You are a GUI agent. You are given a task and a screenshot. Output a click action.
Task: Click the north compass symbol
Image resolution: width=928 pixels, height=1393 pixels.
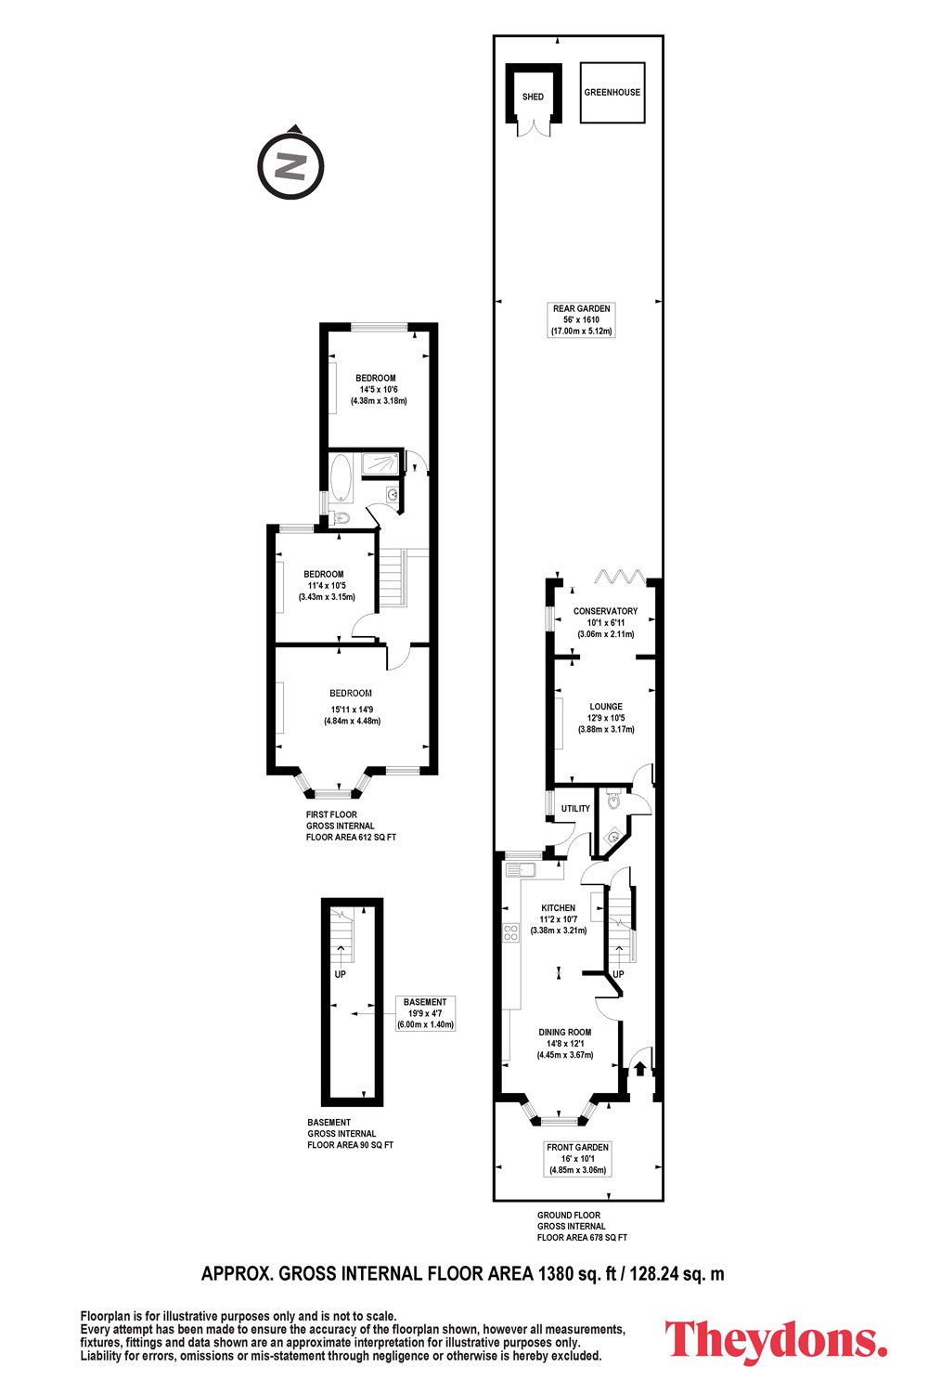(x=290, y=164)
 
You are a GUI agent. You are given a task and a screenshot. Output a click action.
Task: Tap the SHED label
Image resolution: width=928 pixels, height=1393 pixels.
(x=533, y=97)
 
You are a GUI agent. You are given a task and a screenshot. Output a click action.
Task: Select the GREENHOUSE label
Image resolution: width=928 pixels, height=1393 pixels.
(x=612, y=92)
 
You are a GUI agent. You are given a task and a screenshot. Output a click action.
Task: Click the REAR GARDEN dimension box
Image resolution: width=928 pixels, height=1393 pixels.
(x=581, y=319)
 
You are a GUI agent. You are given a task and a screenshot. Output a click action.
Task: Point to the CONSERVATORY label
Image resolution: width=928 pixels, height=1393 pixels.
(x=605, y=611)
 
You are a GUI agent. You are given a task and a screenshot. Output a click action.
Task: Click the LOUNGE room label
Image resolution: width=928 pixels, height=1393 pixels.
(x=606, y=707)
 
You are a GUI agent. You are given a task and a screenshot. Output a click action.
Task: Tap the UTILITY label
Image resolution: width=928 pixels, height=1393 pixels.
(x=575, y=809)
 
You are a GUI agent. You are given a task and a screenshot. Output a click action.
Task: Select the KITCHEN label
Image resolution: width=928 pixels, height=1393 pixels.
(x=558, y=908)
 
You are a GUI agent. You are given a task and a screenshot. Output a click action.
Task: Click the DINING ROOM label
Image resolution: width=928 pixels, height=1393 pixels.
(x=565, y=1033)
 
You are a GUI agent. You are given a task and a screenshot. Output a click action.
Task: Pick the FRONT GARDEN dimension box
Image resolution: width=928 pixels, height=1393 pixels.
(x=577, y=1159)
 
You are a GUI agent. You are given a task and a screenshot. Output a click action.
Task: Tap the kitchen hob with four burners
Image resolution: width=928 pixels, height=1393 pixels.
(x=511, y=931)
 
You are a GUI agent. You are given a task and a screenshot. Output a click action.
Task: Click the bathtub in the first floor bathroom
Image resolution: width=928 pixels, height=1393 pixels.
(x=341, y=477)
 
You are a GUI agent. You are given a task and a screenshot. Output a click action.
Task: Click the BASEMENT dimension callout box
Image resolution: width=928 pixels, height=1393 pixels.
(x=426, y=1013)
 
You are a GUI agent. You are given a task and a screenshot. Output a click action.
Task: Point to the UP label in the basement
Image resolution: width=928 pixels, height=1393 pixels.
(x=340, y=974)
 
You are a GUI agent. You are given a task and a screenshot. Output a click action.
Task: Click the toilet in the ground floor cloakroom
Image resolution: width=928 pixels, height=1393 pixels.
(x=612, y=800)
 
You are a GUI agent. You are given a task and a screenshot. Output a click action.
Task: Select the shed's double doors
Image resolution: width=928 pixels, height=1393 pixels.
(x=534, y=127)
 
